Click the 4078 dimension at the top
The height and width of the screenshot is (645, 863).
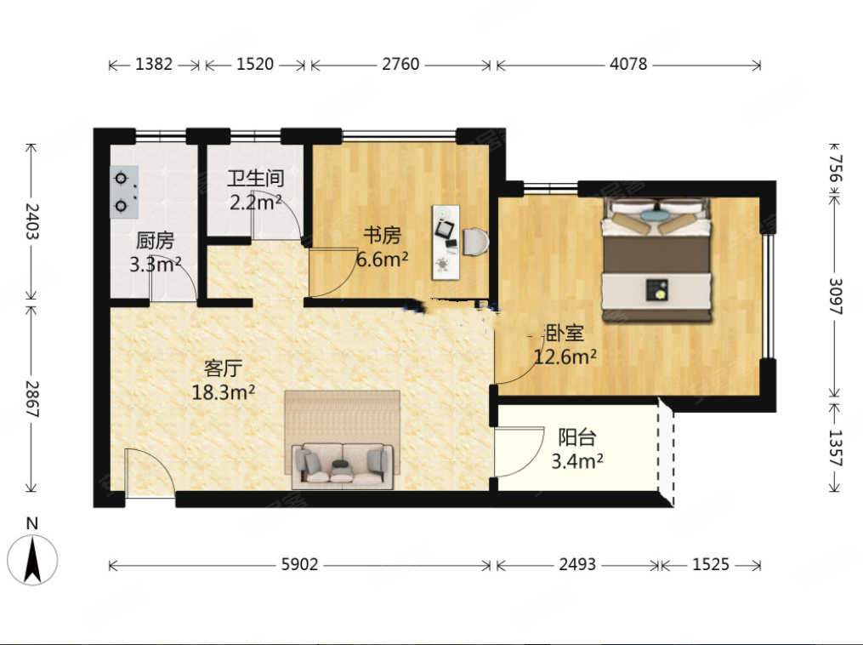pos(628,65)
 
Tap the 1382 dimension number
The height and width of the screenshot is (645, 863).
pos(154,65)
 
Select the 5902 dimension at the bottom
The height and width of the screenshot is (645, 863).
pos(299,564)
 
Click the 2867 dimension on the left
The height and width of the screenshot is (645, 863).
pos(31,398)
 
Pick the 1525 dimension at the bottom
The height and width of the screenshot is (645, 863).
pos(711,564)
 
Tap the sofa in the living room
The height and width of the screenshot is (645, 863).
pos(343,466)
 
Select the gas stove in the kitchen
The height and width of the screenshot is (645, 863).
pos(124,193)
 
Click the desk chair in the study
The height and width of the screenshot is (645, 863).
pos(475,242)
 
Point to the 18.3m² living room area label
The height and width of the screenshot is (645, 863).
pos(223,393)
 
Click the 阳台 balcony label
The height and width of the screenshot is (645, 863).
pos(576,437)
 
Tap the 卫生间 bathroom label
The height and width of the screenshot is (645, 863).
pos(255,179)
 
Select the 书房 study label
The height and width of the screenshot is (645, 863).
pos(382,235)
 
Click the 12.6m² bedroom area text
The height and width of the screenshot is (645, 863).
pos(565,357)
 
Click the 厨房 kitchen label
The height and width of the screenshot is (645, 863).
pos(155,241)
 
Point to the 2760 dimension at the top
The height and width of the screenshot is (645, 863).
pos(400,65)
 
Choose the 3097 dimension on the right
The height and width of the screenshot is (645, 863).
pos(836,296)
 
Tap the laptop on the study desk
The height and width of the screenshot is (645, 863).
pos(446,229)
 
